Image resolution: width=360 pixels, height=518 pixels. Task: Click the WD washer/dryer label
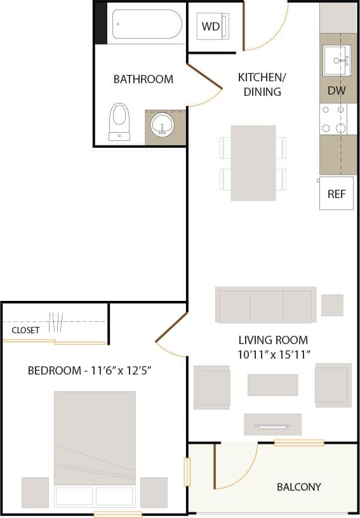point(211,27)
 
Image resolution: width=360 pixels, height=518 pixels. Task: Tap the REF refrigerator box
point(336,194)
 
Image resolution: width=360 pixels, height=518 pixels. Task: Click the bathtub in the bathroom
point(147,24)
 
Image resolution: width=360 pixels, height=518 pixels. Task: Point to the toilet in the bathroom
point(119,121)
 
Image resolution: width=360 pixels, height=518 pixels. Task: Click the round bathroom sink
point(163,126)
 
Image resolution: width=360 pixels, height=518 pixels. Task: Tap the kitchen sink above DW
point(337,60)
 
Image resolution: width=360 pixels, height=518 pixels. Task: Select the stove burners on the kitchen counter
point(334,119)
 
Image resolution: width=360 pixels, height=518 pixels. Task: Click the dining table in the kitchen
point(253,163)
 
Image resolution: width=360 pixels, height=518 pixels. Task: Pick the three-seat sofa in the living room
point(266,305)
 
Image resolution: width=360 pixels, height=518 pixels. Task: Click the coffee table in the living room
point(272,385)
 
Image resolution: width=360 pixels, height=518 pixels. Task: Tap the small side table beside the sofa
point(332,305)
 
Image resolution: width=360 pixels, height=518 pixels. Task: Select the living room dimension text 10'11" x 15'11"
point(273,354)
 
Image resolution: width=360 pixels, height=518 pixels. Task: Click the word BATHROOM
point(143,79)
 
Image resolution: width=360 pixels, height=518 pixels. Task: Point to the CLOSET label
point(25,330)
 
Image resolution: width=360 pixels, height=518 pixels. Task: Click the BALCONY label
point(298,487)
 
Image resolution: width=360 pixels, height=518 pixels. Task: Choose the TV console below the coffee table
point(272,424)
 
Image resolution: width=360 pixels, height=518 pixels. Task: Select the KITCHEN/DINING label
point(262,84)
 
